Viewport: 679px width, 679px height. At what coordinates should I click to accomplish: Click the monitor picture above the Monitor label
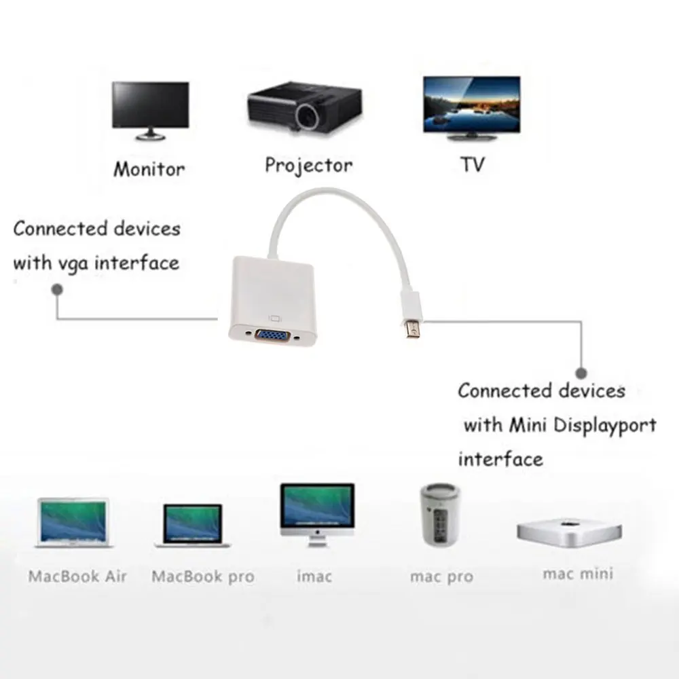[150, 109]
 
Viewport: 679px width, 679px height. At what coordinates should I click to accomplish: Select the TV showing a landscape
[471, 105]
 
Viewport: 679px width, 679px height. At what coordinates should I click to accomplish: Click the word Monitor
[149, 168]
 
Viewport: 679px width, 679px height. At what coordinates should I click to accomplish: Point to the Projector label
[308, 165]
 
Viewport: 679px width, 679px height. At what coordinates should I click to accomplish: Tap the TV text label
[473, 165]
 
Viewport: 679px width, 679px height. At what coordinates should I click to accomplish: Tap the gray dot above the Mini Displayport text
[581, 373]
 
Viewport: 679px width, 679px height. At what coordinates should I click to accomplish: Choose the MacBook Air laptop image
[73, 523]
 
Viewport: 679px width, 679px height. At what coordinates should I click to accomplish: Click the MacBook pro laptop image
[193, 526]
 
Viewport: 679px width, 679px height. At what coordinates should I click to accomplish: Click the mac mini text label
[577, 574]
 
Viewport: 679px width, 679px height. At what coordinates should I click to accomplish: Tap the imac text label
[314, 576]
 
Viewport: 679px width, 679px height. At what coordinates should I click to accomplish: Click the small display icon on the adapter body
[276, 317]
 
